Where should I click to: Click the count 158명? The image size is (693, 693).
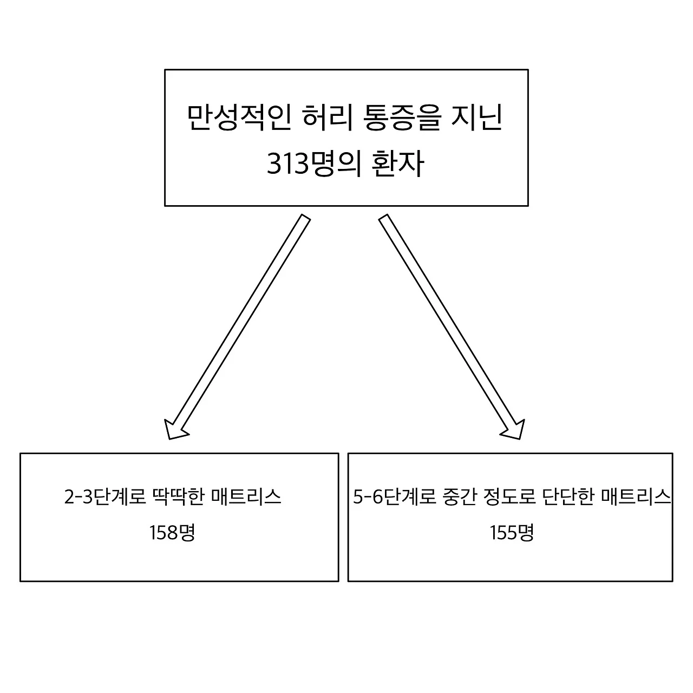pyautogui.click(x=172, y=533)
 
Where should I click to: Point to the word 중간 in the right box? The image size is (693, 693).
pyautogui.click(x=455, y=497)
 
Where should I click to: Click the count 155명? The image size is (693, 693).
pyautogui.click(x=512, y=533)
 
